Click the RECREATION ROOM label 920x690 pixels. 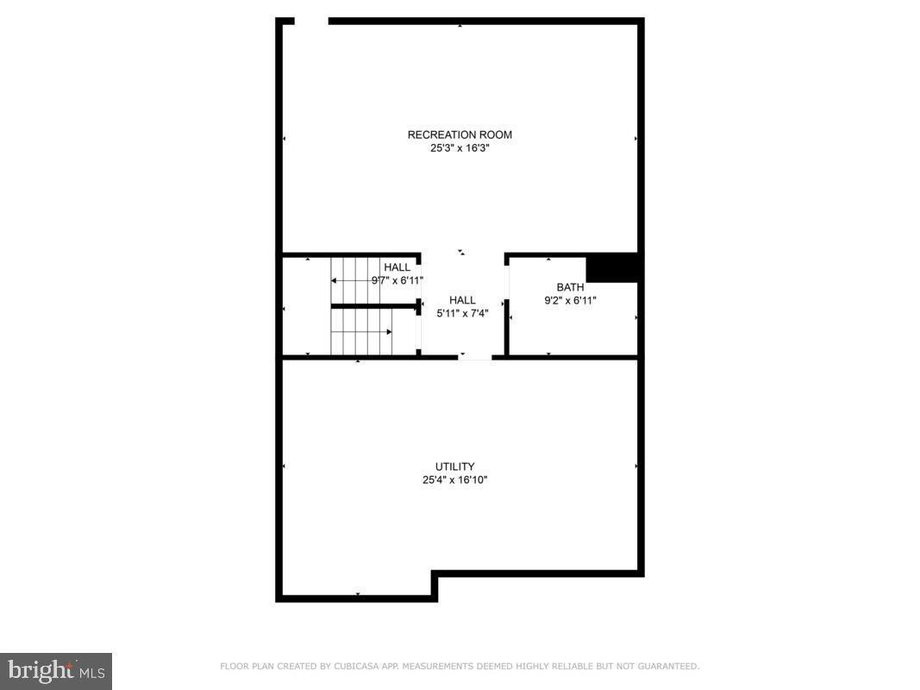pos(460,135)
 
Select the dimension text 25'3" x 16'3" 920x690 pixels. pos(460,147)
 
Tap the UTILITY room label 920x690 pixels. pos(454,467)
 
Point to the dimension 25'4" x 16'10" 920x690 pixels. pos(454,480)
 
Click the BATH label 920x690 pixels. pos(570,287)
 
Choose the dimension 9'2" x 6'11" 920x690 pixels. pos(570,301)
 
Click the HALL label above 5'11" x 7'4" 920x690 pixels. pos(462,300)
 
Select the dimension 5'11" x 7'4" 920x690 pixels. pos(462,313)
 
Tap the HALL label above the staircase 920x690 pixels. pos(397,267)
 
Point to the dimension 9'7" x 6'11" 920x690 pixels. pos(397,280)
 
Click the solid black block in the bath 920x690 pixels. pos(612,267)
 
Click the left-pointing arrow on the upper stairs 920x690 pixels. pos(335,280)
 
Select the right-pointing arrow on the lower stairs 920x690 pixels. pos(389,331)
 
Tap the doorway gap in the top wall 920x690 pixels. pos(311,21)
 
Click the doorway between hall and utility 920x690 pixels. pos(474,357)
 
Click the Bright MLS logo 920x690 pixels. pos(56,670)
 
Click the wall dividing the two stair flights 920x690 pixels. pos(374,306)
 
